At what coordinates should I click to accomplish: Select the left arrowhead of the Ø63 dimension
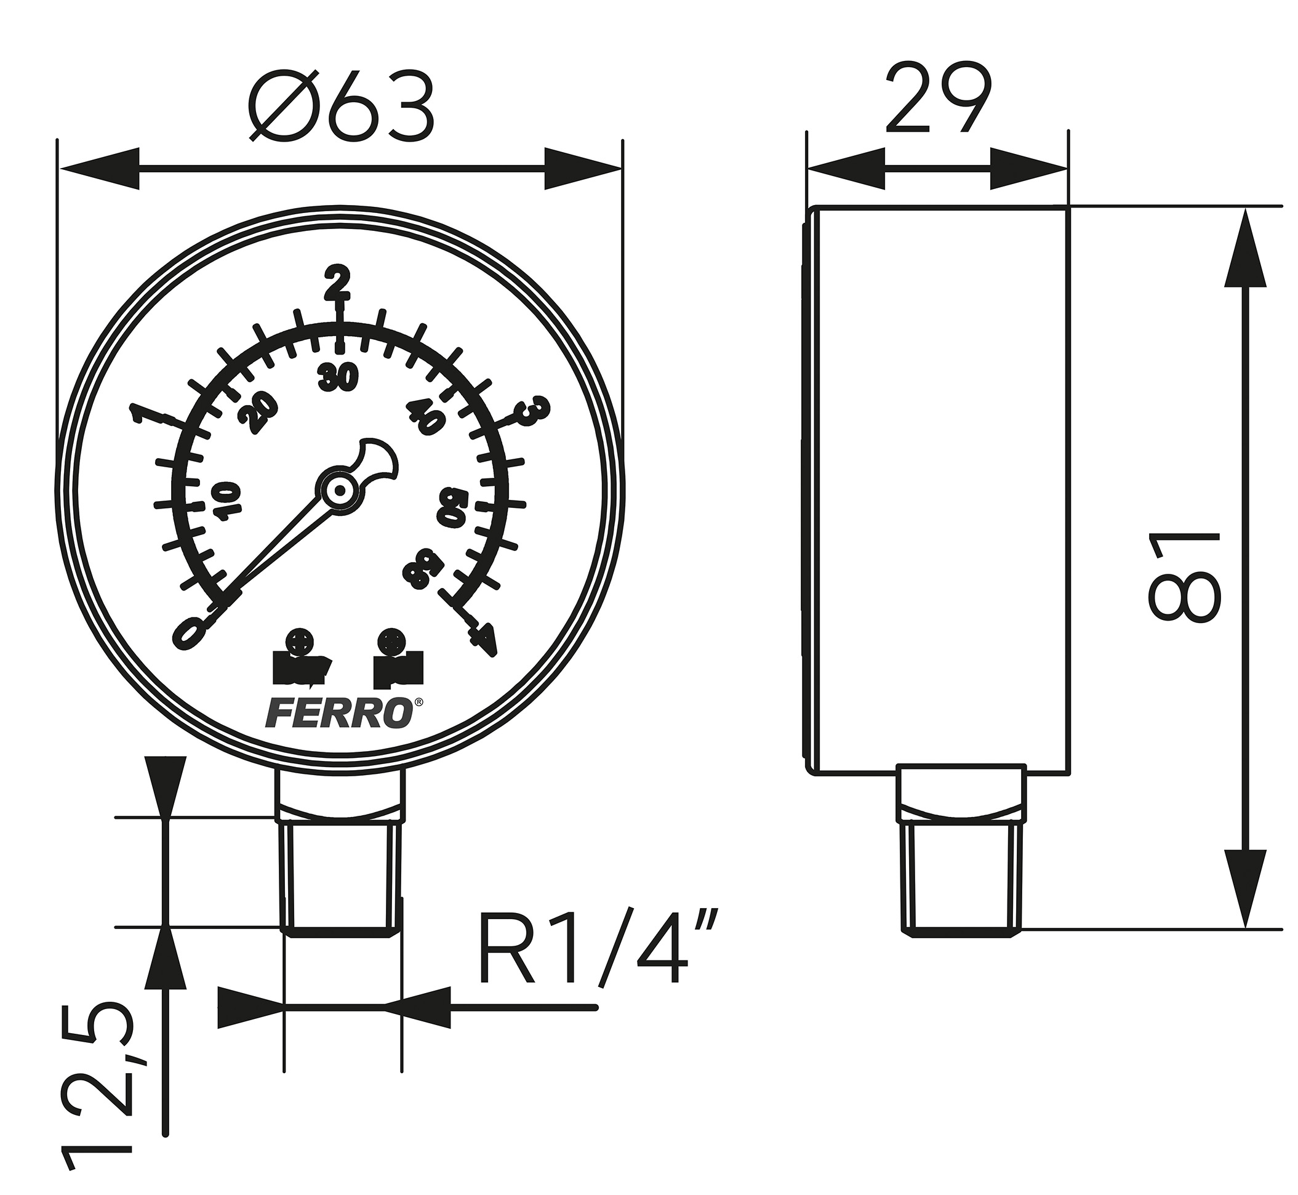pos(100,169)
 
